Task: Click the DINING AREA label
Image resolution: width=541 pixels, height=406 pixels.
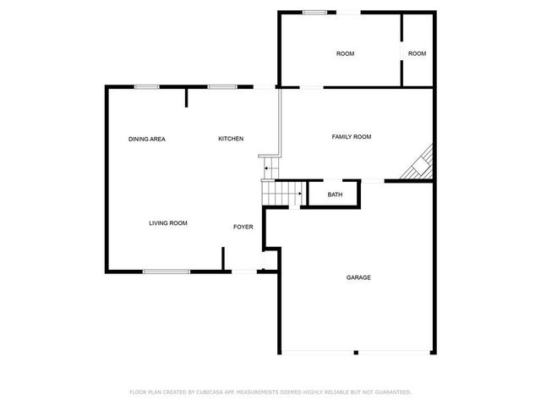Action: tap(147, 139)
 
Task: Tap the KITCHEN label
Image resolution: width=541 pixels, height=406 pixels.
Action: tap(231, 139)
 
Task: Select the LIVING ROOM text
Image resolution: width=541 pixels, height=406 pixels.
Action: tap(168, 223)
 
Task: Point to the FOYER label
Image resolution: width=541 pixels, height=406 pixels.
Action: tap(243, 227)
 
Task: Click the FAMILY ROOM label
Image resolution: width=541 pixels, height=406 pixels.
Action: tap(352, 136)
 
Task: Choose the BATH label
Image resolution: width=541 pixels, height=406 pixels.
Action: tap(336, 195)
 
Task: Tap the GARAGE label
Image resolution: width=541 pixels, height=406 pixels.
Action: tap(358, 277)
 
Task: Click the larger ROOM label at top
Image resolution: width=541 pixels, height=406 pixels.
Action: tap(346, 54)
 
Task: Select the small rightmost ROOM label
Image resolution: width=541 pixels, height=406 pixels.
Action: tap(418, 54)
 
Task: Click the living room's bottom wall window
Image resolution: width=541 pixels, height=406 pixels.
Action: tap(166, 272)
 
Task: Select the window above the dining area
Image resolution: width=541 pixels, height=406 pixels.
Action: tap(147, 86)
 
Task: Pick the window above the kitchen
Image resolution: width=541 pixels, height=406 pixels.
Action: tap(222, 86)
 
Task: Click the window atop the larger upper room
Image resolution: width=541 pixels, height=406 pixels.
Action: tap(315, 12)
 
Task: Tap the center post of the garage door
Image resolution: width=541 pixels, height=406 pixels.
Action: tap(357, 352)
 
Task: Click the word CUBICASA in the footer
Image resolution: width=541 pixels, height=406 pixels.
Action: tap(213, 392)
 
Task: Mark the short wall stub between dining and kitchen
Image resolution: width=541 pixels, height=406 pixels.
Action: tap(187, 97)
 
